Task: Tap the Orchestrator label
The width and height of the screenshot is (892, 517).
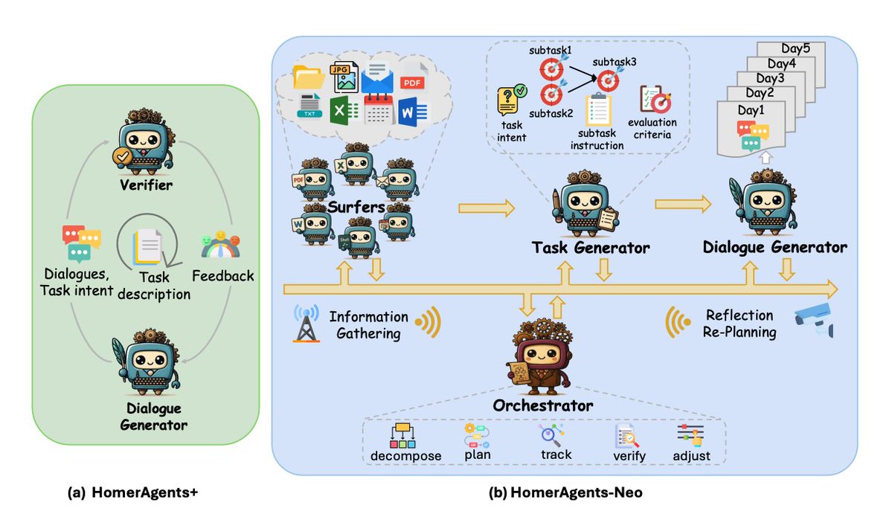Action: [x=542, y=405]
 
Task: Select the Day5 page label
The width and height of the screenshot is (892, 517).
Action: [x=795, y=48]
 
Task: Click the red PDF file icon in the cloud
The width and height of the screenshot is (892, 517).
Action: [x=414, y=78]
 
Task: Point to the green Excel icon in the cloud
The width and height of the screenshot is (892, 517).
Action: [x=344, y=110]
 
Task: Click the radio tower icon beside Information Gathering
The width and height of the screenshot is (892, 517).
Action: [x=306, y=323]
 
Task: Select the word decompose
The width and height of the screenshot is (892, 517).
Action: [x=405, y=455]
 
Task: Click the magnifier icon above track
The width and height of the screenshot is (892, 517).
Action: [x=551, y=435]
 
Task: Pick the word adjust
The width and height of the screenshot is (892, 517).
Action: [x=691, y=455]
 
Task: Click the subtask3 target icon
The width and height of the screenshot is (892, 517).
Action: [x=609, y=80]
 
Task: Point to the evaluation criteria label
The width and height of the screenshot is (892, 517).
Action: [x=652, y=129]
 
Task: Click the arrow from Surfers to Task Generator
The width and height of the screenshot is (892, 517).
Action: [x=487, y=208]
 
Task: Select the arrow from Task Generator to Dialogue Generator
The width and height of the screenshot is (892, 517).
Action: [x=683, y=204]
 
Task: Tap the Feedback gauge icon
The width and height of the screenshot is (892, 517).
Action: [x=221, y=245]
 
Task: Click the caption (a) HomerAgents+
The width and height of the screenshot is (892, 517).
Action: [x=132, y=492]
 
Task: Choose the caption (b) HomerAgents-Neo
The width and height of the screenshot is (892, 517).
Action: [x=565, y=492]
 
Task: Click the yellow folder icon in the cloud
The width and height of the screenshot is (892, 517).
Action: [x=309, y=77]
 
